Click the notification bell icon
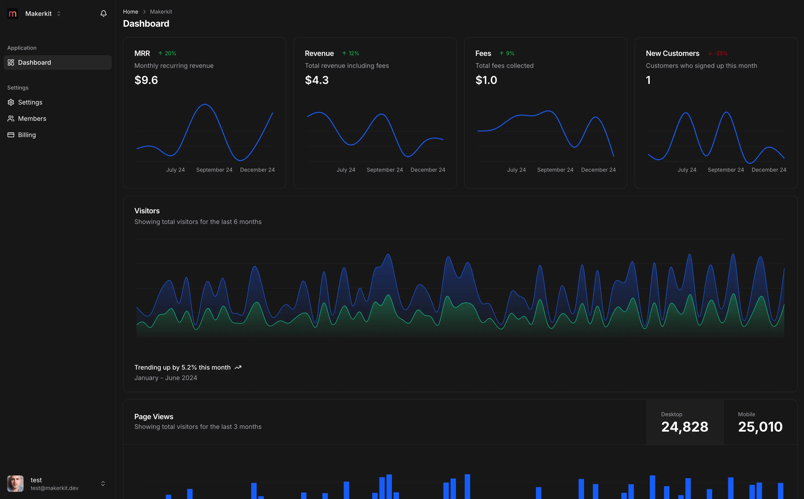click(103, 14)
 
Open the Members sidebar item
click(32, 119)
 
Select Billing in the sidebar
click(27, 135)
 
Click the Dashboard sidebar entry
click(34, 62)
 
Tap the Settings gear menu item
click(30, 102)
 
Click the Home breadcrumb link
click(130, 12)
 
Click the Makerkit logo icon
click(12, 14)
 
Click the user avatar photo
click(15, 483)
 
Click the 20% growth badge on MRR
click(167, 53)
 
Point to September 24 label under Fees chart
click(555, 170)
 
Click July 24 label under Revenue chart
click(346, 170)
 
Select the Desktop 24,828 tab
click(685, 423)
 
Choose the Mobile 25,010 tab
click(760, 423)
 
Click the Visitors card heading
click(147, 211)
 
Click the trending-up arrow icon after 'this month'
click(238, 367)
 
